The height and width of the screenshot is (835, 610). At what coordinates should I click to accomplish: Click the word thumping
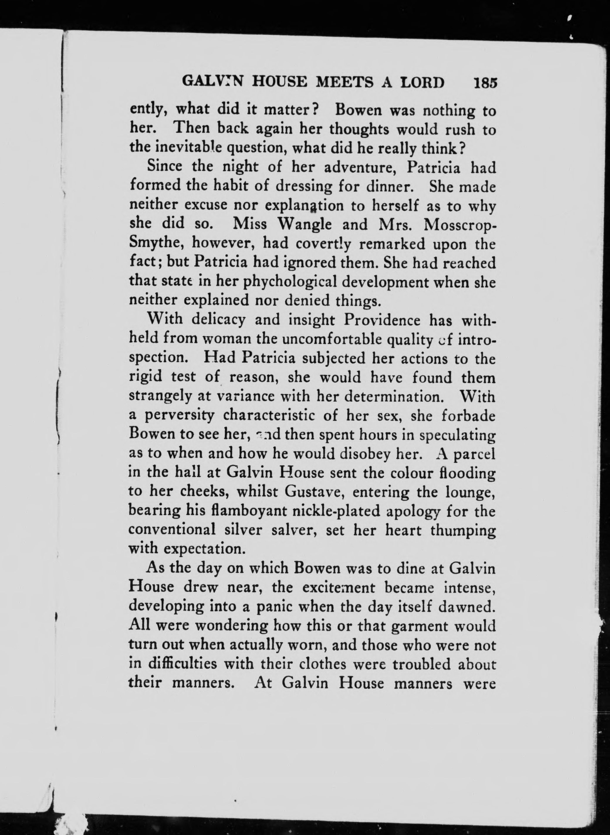point(463,530)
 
